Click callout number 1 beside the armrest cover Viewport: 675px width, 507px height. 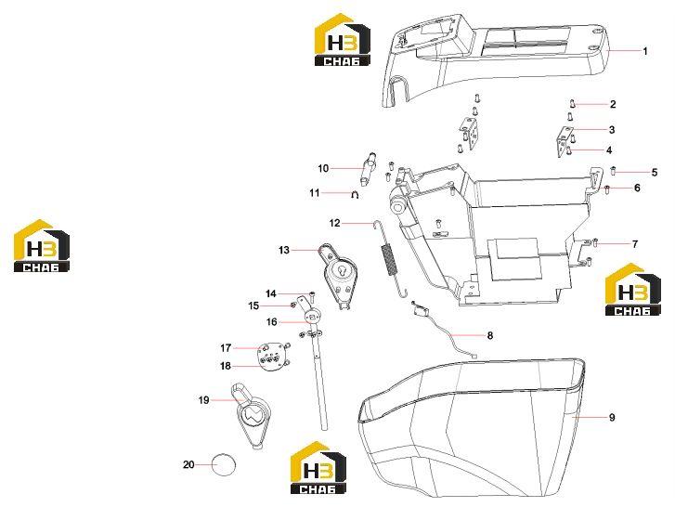click(x=645, y=51)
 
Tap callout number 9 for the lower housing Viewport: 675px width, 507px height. click(x=612, y=418)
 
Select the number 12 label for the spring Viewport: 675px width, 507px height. click(x=334, y=223)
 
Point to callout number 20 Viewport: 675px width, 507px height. click(x=188, y=465)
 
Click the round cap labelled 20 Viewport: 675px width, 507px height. click(x=224, y=464)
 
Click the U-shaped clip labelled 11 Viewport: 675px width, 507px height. click(x=356, y=195)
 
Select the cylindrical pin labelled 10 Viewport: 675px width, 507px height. click(x=367, y=168)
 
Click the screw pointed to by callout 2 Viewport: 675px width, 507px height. click(x=573, y=103)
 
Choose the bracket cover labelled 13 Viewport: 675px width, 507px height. click(x=338, y=276)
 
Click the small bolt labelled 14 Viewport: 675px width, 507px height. click(x=312, y=296)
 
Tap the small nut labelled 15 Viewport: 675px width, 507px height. click(x=292, y=305)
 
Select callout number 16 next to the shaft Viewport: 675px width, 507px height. click(x=272, y=322)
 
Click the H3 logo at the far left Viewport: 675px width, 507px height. click(x=42, y=246)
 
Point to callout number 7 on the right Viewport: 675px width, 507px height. click(x=635, y=244)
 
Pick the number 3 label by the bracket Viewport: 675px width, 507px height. click(x=611, y=130)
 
